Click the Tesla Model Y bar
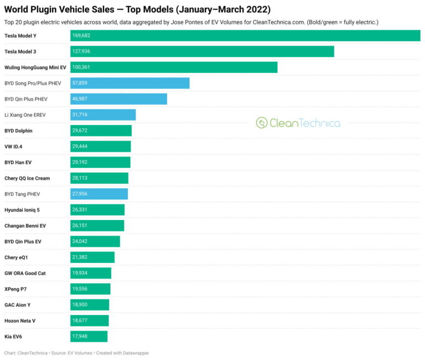point(245,35)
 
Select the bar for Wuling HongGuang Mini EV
point(174,67)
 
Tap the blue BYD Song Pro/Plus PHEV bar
point(130,83)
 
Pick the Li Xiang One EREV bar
point(103,115)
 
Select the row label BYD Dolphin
point(18,131)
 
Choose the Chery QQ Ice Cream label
point(27,178)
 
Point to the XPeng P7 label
point(15,289)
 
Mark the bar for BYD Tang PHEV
point(99,194)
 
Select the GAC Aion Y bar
point(90,305)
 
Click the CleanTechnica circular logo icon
point(262,123)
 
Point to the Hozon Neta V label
point(20,321)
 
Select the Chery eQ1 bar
point(92,258)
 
